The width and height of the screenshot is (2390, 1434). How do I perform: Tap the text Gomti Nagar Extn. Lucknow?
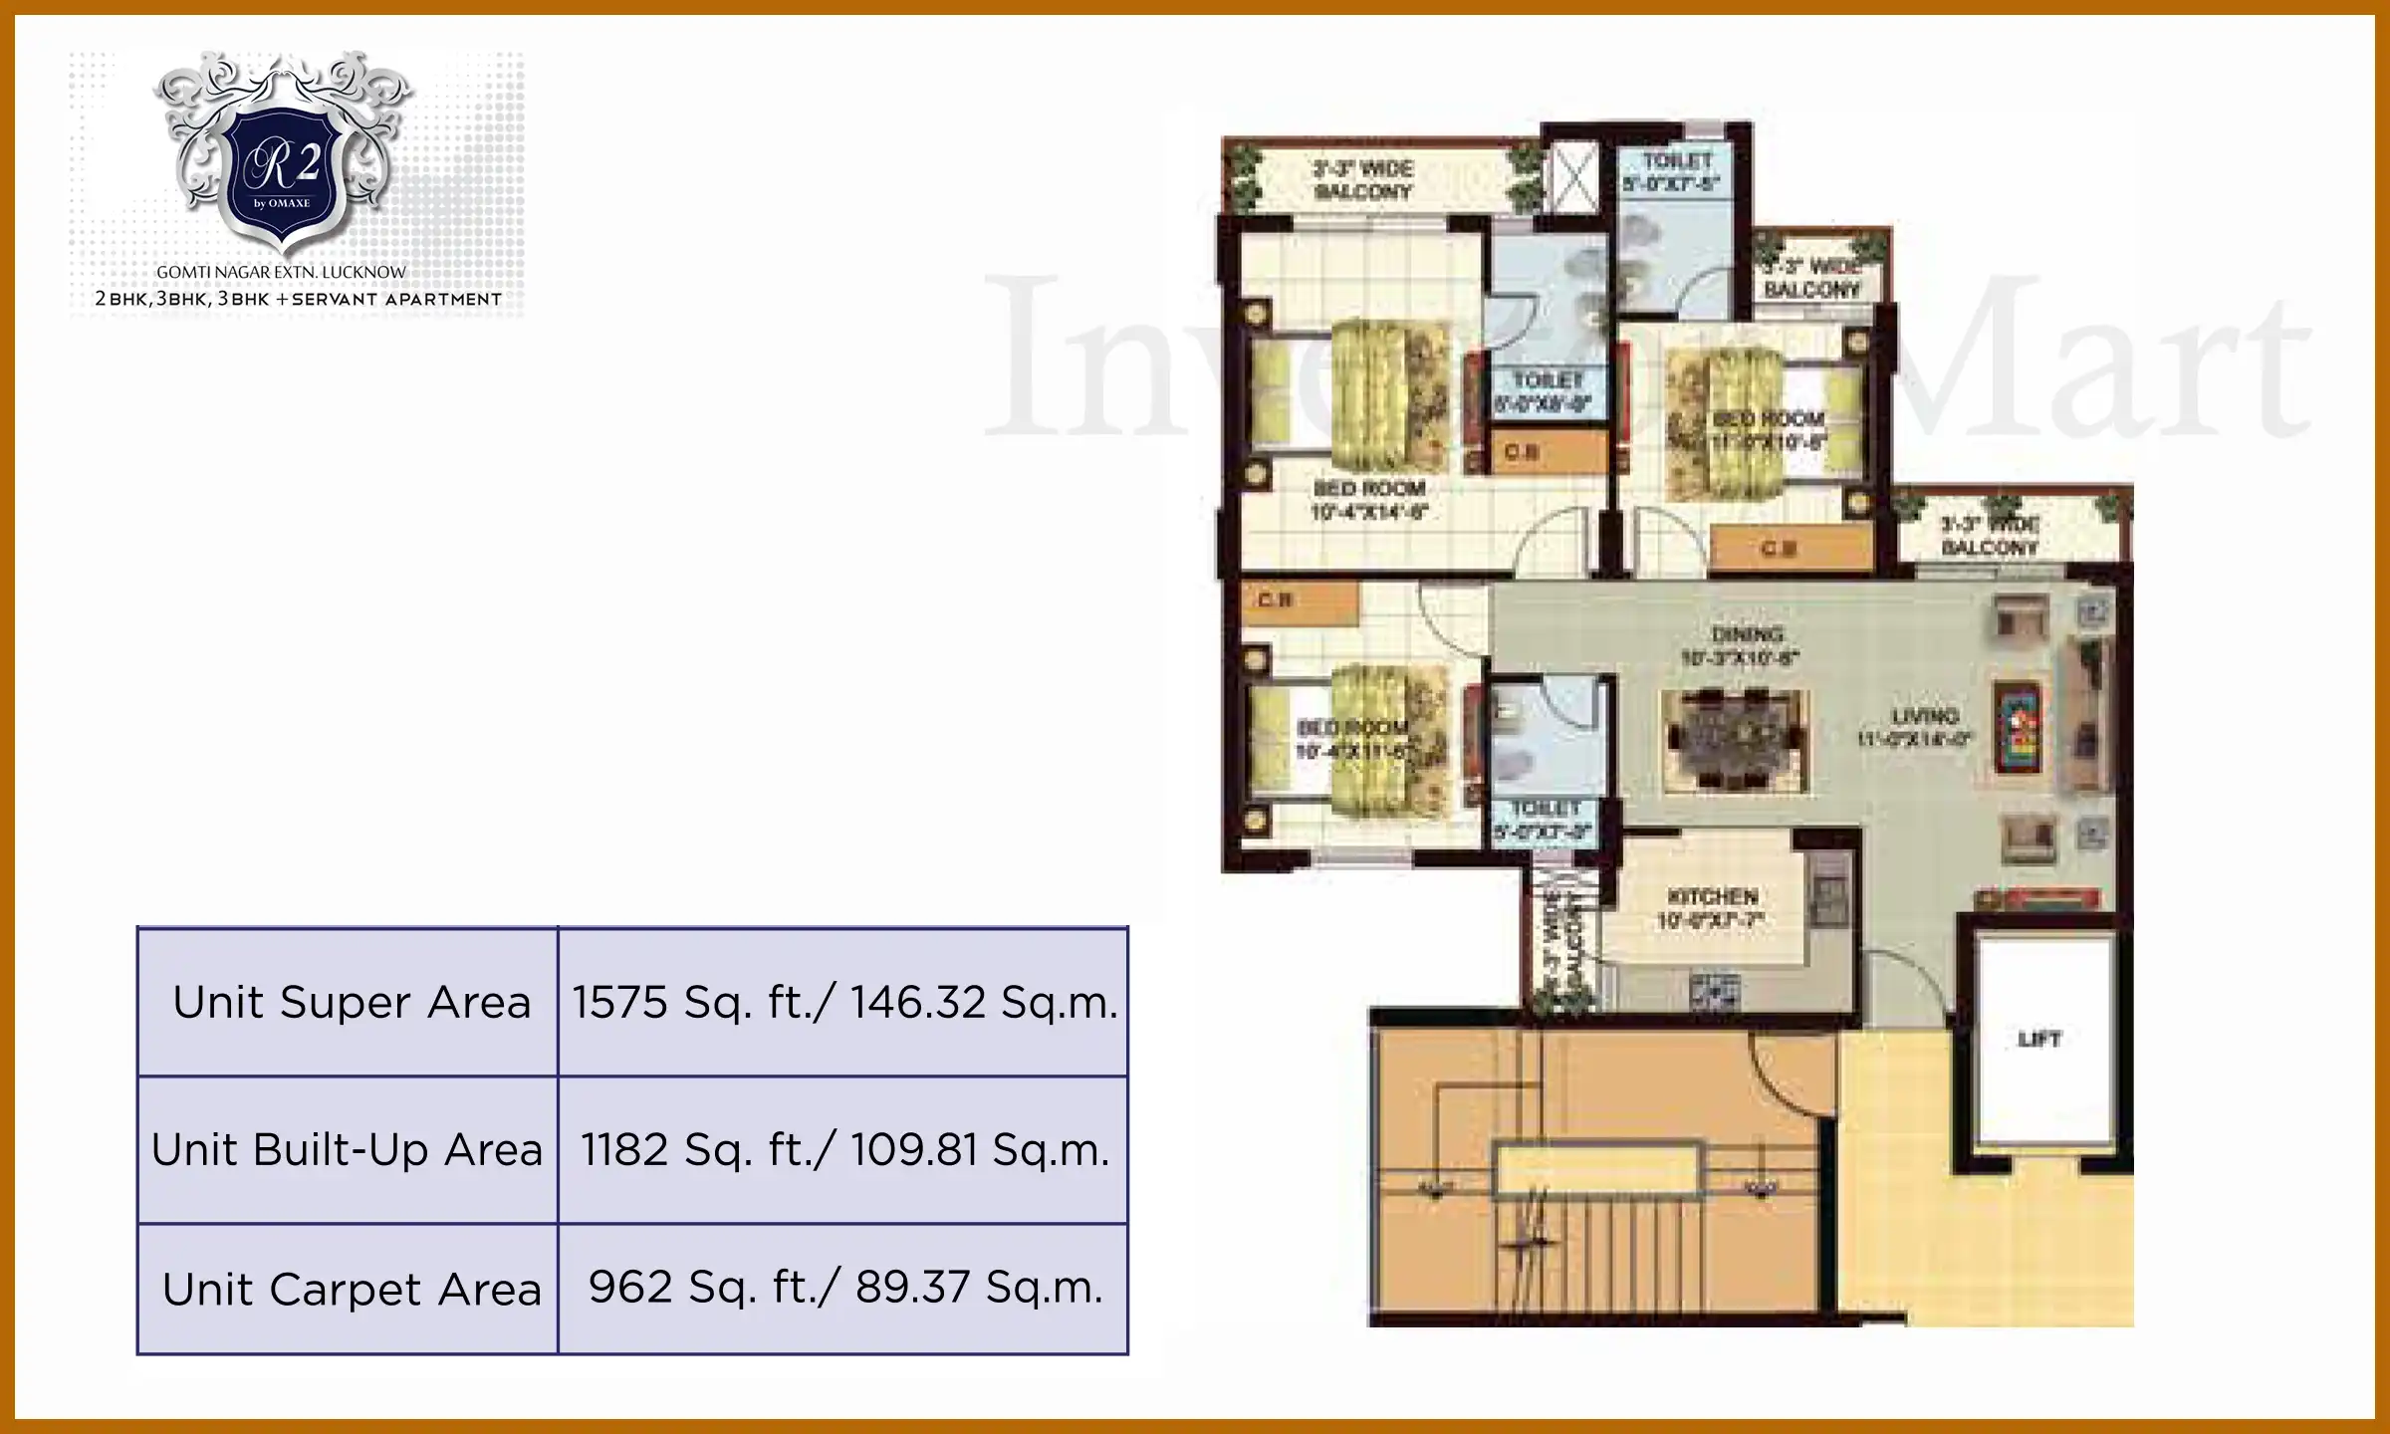[x=282, y=272]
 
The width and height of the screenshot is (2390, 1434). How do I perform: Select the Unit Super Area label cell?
[x=351, y=1002]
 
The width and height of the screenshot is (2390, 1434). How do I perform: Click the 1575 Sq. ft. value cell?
[x=843, y=1002]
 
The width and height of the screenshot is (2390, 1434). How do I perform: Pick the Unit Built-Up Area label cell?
[x=347, y=1150]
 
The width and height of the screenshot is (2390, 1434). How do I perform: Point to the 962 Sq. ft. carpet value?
[x=844, y=1288]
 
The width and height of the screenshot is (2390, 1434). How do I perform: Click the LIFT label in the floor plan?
[x=2038, y=1040]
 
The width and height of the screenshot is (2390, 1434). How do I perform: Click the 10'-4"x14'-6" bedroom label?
[x=1369, y=501]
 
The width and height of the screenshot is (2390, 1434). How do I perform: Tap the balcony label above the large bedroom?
[x=1363, y=180]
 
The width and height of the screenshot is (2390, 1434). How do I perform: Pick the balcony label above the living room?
[x=1990, y=536]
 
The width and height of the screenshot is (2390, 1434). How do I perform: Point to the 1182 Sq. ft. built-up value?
[x=843, y=1150]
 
